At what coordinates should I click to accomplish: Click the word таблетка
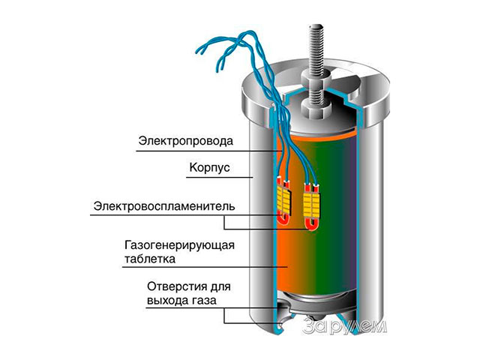point(149,259)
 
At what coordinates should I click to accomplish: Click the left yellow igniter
point(284,197)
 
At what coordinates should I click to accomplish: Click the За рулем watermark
point(346,325)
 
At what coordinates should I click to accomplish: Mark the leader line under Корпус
point(217,178)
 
